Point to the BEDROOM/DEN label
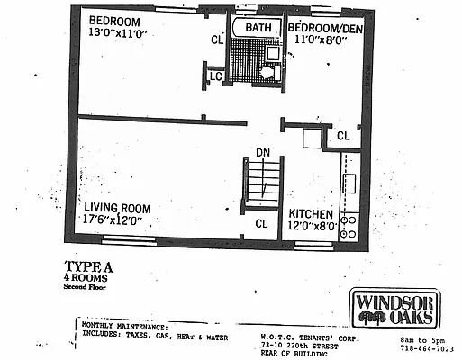[x=324, y=28]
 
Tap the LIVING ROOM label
[x=117, y=205]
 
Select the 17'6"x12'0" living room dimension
[x=117, y=219]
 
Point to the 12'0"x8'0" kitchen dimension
[x=313, y=227]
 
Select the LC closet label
[x=216, y=76]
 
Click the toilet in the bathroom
[x=267, y=72]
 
